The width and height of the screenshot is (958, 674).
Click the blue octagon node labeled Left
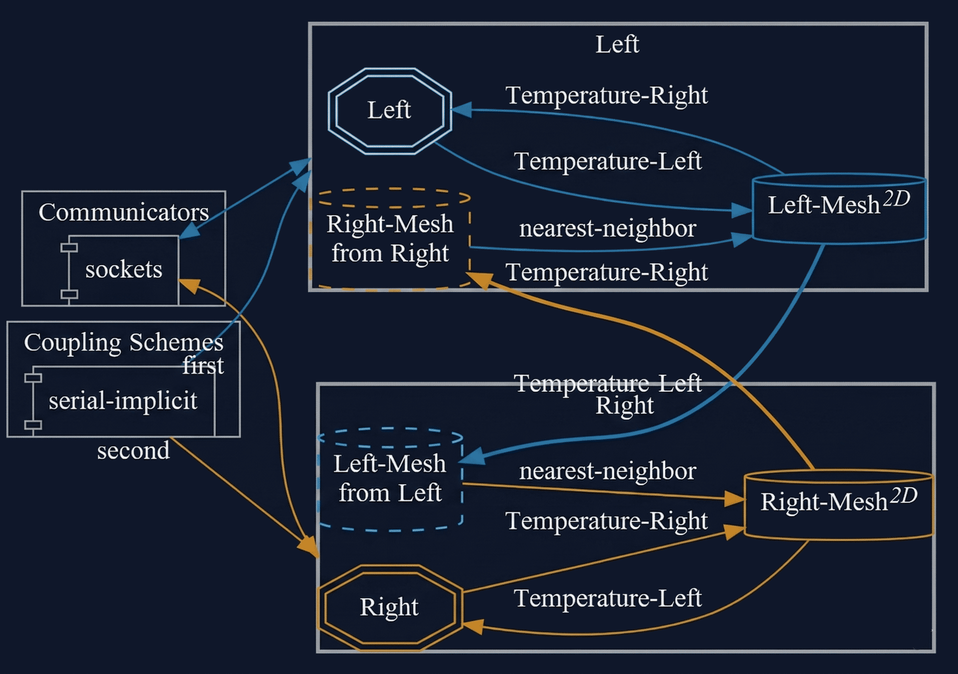389,111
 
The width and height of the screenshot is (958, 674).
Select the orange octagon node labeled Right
389,607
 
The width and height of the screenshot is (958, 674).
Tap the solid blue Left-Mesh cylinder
839,209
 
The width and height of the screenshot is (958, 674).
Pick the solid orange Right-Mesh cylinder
839,505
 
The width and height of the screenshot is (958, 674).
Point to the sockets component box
124,270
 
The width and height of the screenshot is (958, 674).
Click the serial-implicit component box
123,401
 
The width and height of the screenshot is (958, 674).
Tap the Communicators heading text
124,213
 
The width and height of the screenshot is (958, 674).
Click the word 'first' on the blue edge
203,365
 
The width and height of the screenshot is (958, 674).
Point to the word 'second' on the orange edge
133,451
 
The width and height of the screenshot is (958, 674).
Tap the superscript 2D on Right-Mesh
904,496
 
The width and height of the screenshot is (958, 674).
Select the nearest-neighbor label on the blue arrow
607,229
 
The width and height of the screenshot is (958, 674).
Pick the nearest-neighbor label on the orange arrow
607,471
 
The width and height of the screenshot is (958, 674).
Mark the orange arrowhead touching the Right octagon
473,626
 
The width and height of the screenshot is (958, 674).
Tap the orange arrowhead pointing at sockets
189,286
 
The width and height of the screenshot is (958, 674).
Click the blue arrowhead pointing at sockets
189,232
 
